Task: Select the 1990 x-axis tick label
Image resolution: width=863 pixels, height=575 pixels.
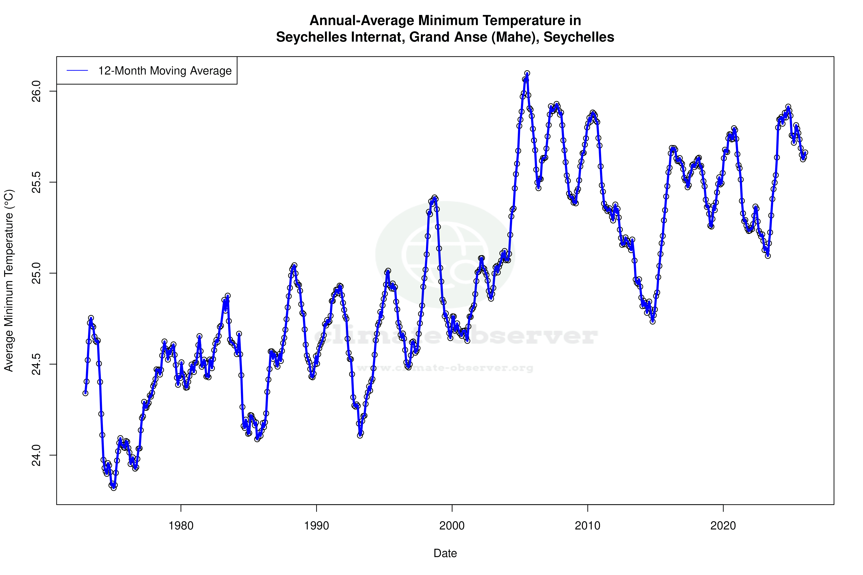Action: pyautogui.click(x=316, y=526)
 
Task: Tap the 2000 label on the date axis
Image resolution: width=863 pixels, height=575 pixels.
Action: pyautogui.click(x=452, y=526)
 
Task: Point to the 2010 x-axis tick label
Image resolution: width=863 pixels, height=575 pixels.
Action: pyautogui.click(x=588, y=526)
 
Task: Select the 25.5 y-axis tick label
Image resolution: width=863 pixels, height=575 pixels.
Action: pyautogui.click(x=37, y=182)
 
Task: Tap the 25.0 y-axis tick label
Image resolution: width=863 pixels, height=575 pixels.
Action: pyautogui.click(x=37, y=273)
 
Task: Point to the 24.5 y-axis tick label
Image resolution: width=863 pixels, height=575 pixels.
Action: pyautogui.click(x=37, y=364)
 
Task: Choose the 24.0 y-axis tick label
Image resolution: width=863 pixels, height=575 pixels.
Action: pyautogui.click(x=37, y=455)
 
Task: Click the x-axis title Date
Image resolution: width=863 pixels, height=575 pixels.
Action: pyautogui.click(x=445, y=553)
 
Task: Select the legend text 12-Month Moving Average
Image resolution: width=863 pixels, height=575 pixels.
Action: pyautogui.click(x=165, y=71)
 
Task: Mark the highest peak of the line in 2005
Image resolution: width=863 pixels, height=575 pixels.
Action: pyautogui.click(x=527, y=73)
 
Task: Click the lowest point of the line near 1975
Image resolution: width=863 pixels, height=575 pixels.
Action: pyautogui.click(x=114, y=488)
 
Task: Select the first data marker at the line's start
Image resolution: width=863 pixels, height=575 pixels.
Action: pyautogui.click(x=85, y=393)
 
